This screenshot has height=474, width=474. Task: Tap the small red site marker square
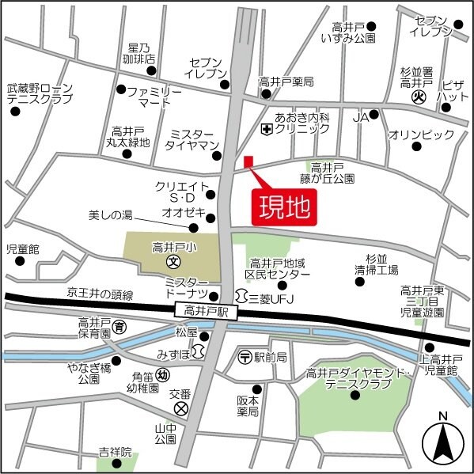coord(248,162)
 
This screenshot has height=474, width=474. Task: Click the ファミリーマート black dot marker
coord(121,89)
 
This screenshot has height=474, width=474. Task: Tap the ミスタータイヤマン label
coord(191,140)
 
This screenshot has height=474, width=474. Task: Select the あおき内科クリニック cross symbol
coord(265,127)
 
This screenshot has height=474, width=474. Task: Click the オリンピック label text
coord(421,135)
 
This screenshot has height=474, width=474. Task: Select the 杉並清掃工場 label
coord(376,264)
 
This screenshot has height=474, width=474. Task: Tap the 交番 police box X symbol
coord(182,408)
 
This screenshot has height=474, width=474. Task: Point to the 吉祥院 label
coord(115,453)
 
